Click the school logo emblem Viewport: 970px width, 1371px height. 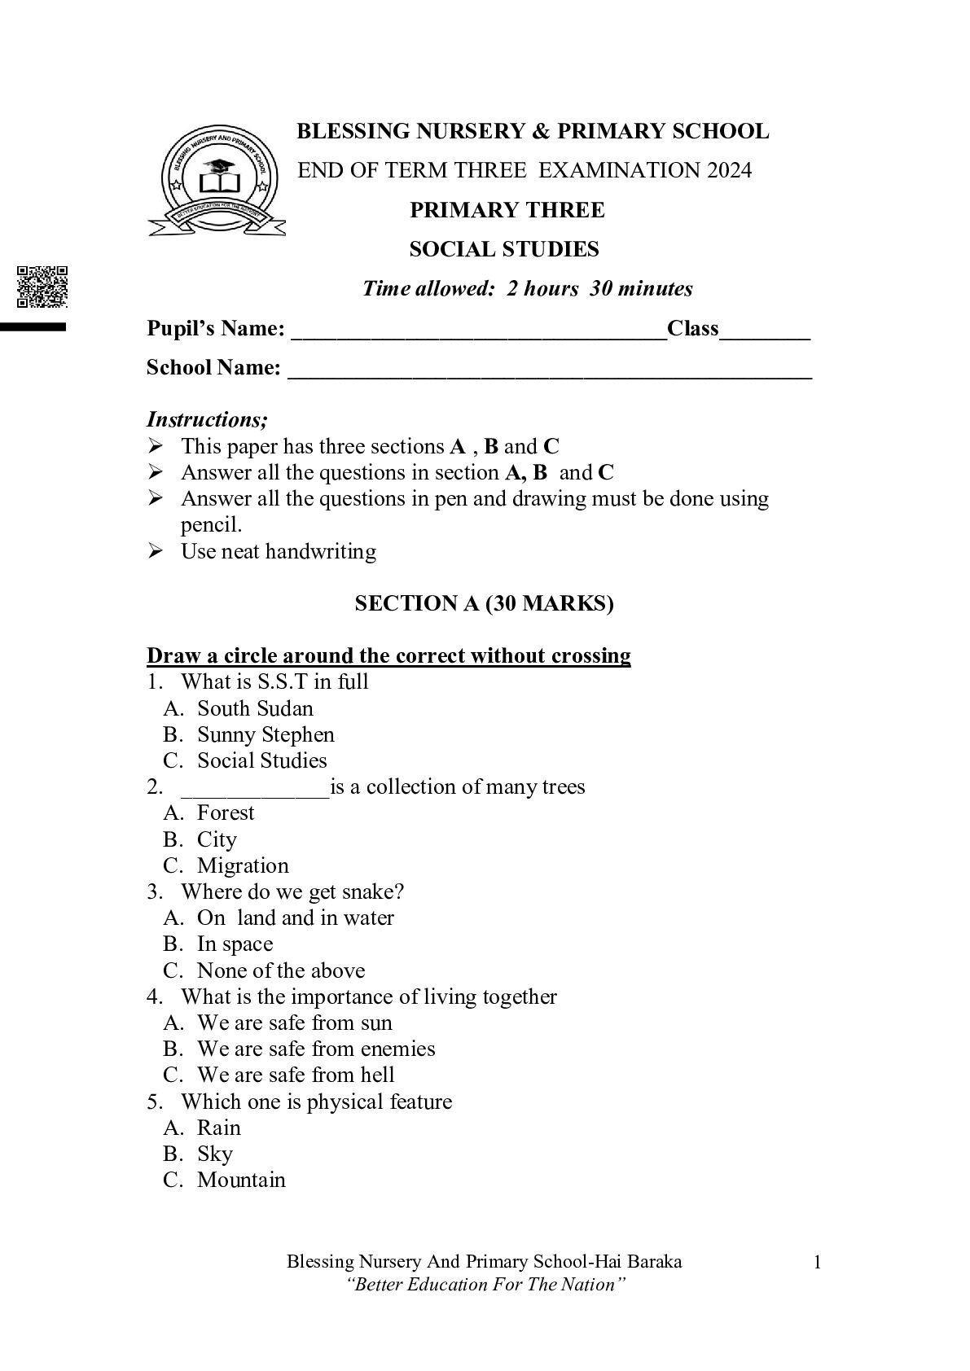pos(216,180)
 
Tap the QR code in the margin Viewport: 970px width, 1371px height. pos(42,287)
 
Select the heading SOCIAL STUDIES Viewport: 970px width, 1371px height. pos(503,249)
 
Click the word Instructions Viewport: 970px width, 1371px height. pos(207,420)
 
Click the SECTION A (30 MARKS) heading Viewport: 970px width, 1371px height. pos(484,603)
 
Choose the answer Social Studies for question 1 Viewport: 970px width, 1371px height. pos(261,760)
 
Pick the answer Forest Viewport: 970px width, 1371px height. pos(226,813)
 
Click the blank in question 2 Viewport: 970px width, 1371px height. pos(255,789)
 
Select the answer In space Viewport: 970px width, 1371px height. pos(235,944)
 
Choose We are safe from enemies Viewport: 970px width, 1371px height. pos(316,1049)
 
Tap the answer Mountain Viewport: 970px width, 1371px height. pos(241,1180)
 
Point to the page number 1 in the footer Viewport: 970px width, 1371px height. pos(817,1263)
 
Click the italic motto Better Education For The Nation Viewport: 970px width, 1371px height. pos(485,1285)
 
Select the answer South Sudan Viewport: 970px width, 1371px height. pos(255,708)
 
